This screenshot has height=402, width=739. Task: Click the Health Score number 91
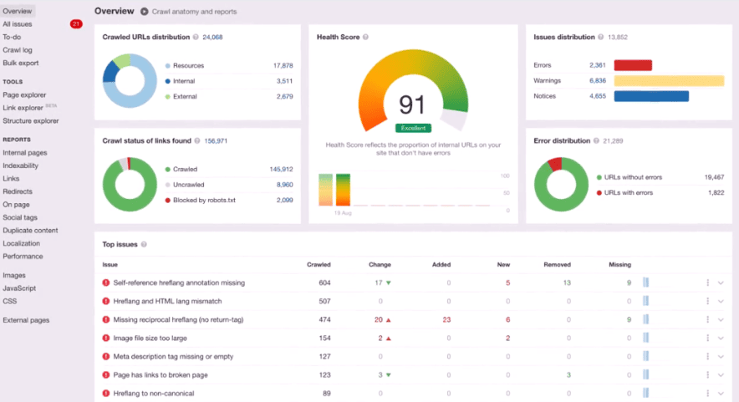[412, 104]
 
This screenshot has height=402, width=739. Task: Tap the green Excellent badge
[413, 128]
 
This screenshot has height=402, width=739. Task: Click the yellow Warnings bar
[669, 80]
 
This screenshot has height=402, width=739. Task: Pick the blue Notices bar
[651, 96]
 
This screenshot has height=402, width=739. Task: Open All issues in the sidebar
[18, 24]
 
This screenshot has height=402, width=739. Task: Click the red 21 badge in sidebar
[76, 24]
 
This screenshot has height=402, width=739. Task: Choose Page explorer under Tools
[24, 94]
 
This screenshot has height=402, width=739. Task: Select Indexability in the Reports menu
[21, 165]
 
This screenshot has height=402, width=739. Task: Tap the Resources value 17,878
[283, 65]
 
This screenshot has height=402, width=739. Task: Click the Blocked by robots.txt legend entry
[206, 201]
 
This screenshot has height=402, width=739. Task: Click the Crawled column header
[319, 264]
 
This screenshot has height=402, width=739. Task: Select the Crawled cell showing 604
[324, 282]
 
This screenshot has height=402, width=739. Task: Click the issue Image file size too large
[150, 338]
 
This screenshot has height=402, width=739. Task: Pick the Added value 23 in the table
[446, 319]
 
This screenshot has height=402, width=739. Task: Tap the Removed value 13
[567, 282]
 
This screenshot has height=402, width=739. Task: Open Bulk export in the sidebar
[21, 63]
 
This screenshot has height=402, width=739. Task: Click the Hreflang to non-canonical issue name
[153, 393]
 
